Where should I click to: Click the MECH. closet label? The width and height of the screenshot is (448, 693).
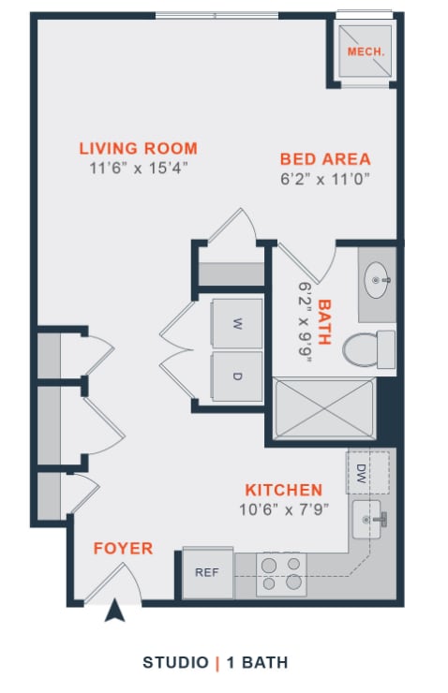366,52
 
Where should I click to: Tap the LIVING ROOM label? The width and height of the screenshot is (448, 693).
138,148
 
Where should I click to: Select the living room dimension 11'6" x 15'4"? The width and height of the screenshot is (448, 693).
138,169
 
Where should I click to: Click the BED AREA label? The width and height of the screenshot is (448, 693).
325,158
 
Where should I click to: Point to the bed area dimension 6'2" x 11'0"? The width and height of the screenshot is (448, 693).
325,178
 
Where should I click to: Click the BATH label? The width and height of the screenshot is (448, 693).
324,322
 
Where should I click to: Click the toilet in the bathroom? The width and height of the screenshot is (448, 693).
366,350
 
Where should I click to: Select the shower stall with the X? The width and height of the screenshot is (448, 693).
324,409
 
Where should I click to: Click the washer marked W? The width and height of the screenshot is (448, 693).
237,324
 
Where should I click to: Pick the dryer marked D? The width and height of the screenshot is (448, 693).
237,376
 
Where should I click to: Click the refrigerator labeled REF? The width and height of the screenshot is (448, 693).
206,571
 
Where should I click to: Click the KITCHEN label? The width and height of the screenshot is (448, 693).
284,490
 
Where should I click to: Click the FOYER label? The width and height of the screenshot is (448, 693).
123,549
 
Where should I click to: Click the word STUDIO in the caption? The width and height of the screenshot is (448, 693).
175,663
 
